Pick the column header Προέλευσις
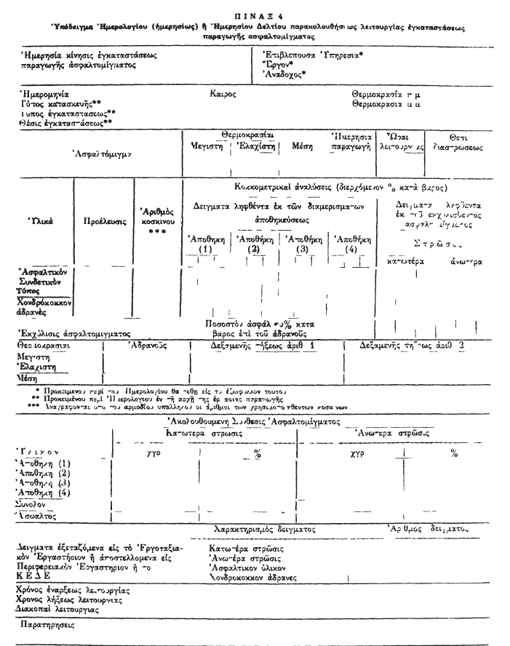click(103, 218)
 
